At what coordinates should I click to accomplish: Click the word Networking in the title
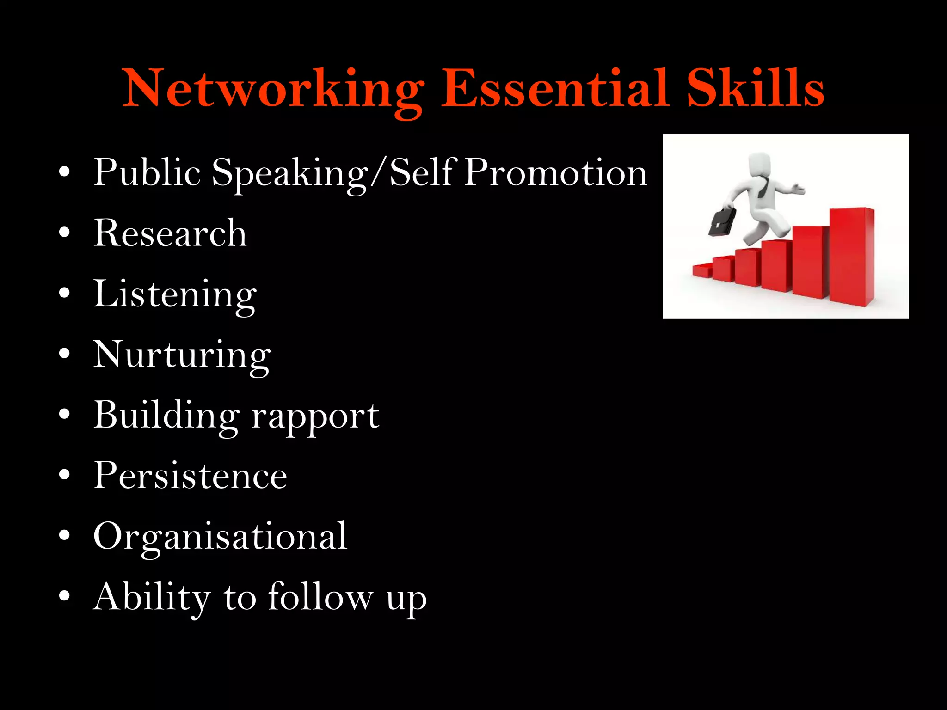[273, 89]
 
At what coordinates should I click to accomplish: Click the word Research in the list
[170, 233]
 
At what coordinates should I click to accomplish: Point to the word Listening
[175, 294]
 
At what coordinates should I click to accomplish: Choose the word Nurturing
[182, 355]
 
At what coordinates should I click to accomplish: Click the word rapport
[315, 416]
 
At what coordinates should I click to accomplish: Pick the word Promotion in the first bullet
[555, 172]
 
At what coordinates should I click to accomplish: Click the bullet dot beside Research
[65, 232]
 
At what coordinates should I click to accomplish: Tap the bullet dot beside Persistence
[65, 475]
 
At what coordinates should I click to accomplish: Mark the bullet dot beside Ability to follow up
[65, 596]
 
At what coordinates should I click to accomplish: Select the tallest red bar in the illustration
[851, 257]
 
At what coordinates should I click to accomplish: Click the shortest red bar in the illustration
[702, 270]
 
